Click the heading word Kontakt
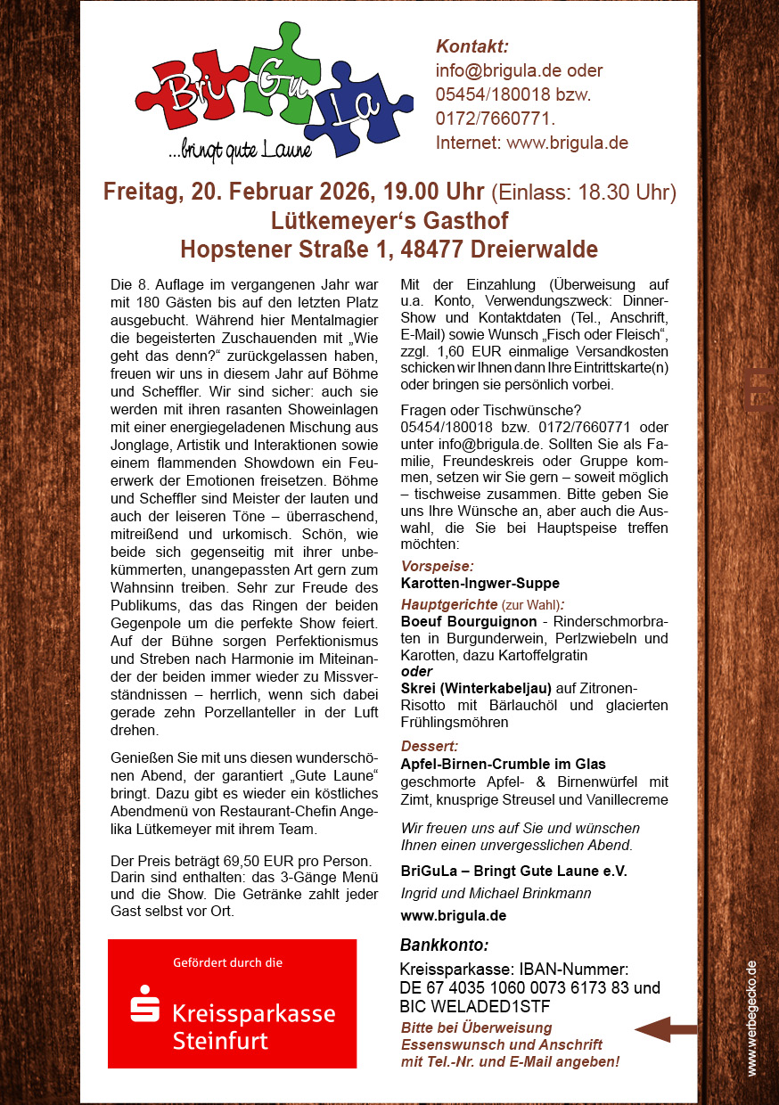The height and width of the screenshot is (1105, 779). click(472, 47)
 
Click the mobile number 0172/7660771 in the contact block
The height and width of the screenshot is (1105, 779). click(494, 119)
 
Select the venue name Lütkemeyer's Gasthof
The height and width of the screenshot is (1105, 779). click(389, 220)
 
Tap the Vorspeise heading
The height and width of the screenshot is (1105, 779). click(437, 566)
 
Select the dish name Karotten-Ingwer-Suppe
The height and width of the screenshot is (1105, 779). click(480, 584)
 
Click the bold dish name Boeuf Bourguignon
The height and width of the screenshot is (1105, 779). click(469, 621)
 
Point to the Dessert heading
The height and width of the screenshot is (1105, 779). click(430, 746)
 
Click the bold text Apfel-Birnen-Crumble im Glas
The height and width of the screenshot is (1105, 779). click(503, 764)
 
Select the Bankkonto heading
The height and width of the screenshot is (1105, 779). click(444, 945)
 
